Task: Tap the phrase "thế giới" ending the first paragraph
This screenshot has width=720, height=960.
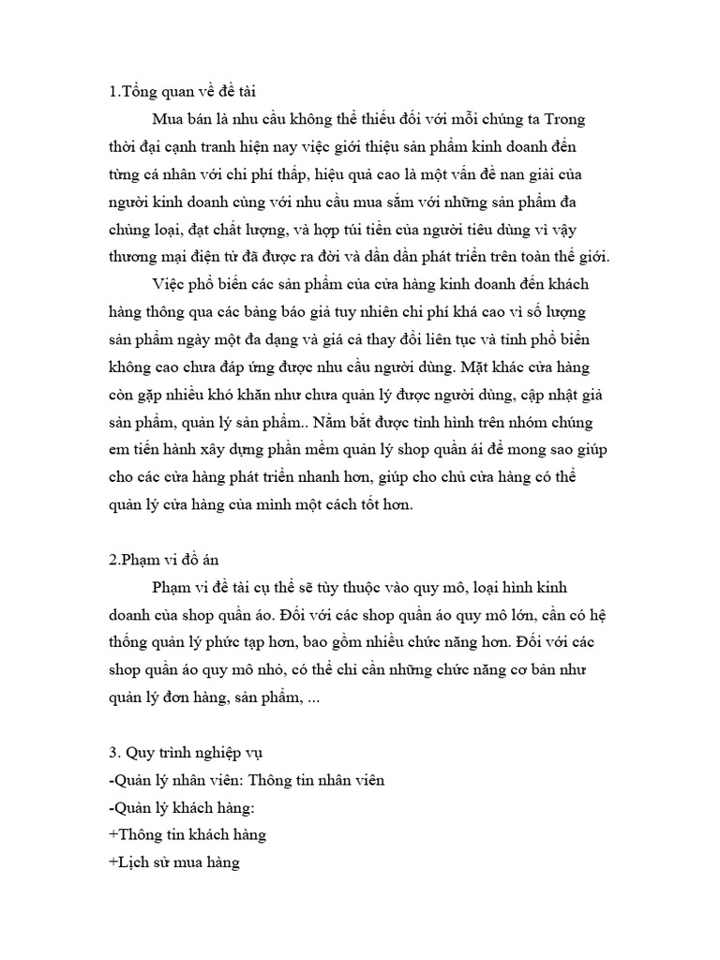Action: (581, 256)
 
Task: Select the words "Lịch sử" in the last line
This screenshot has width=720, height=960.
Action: (142, 862)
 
